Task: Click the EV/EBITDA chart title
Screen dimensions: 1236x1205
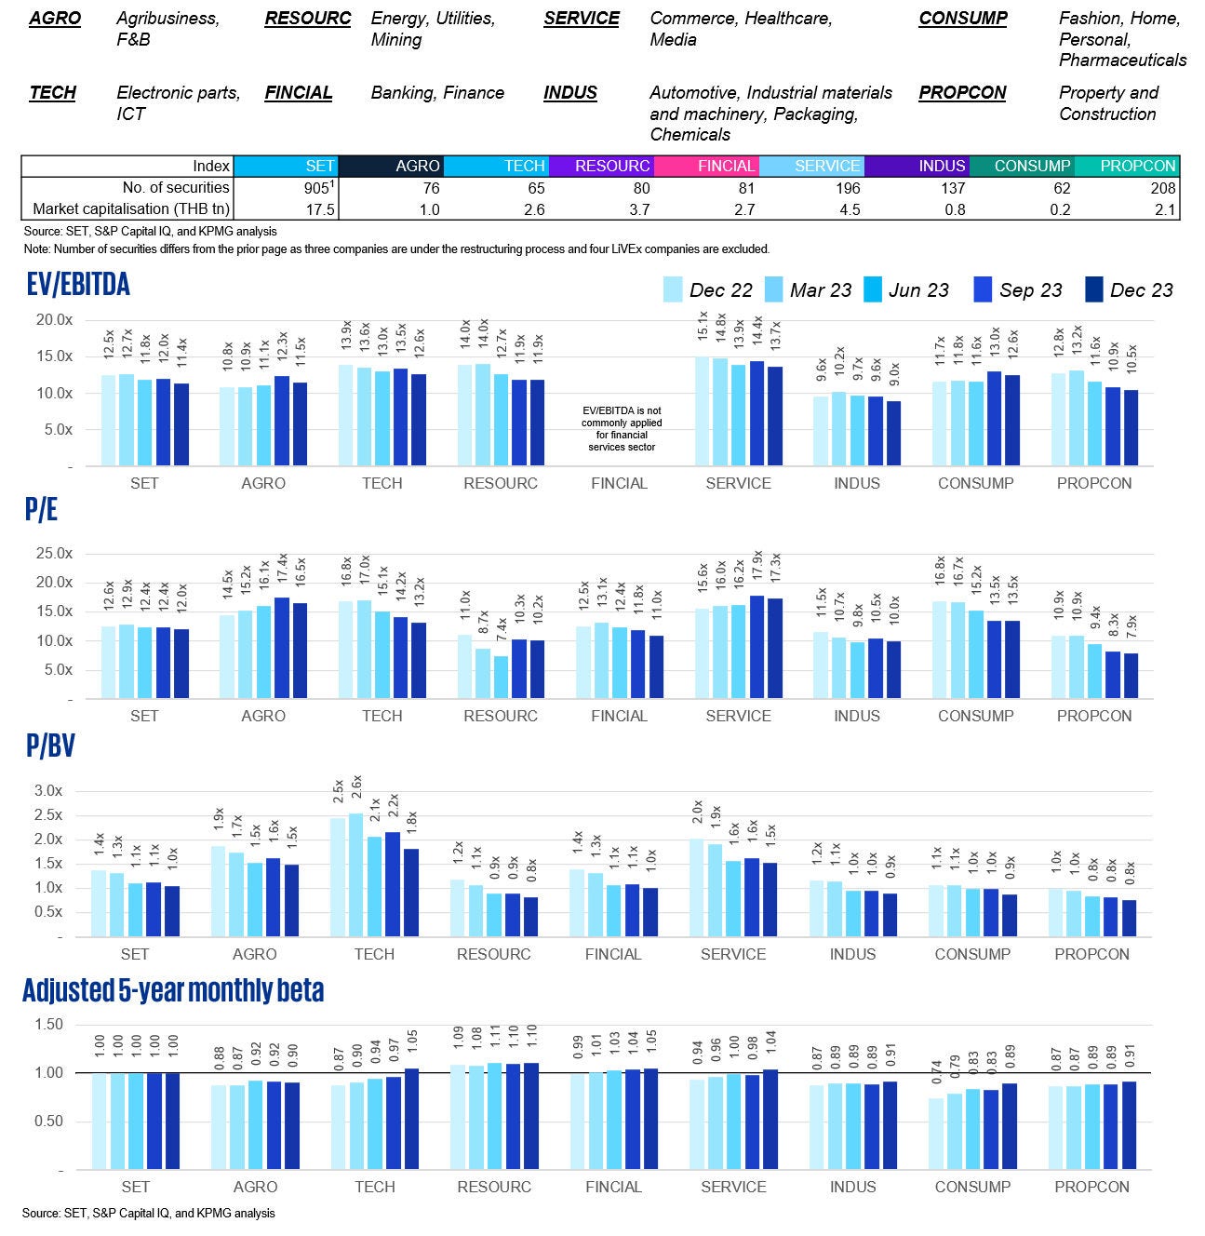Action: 79,284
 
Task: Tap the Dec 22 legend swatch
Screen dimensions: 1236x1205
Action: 673,289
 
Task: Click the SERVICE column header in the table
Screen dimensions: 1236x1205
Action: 811,166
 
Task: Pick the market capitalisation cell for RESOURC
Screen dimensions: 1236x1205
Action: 600,209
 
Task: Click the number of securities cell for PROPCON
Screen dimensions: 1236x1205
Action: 1127,188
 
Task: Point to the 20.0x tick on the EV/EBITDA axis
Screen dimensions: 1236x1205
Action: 53,319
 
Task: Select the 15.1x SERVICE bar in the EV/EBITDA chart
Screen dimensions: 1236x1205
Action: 703,411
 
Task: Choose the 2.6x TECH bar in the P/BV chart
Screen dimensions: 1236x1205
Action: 355,875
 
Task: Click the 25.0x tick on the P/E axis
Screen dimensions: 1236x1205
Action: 53,553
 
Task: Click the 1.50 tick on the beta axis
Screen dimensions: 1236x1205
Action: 47,1024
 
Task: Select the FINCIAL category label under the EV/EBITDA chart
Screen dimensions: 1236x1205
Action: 619,483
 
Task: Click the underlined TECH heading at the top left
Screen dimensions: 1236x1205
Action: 52,93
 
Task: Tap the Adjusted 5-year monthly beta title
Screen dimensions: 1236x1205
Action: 173,990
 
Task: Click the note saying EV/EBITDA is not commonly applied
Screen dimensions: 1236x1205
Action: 621,428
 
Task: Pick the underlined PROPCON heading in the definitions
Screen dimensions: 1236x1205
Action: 962,93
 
